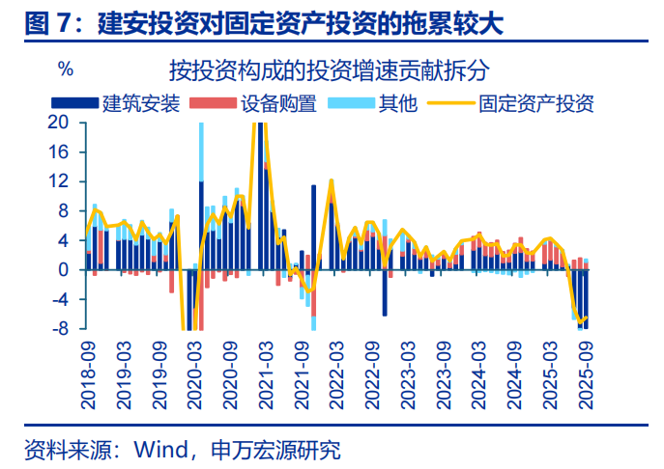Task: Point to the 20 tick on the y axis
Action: point(59,123)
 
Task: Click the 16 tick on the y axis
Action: point(59,152)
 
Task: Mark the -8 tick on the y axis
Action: point(59,329)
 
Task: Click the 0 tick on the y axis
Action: point(64,270)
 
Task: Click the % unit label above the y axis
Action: point(66,69)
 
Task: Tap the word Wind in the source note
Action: point(159,450)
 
